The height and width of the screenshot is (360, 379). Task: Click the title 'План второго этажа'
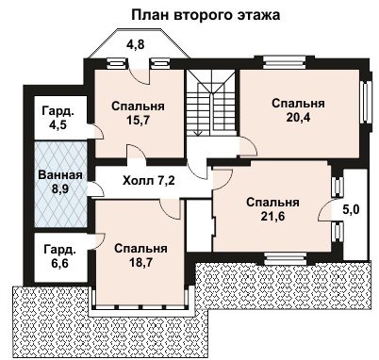click(206, 15)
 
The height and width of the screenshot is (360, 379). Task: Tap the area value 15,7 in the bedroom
click(138, 120)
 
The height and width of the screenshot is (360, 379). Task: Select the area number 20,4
click(298, 117)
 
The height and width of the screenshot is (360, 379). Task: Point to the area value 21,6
click(272, 216)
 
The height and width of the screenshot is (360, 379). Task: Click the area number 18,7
click(140, 262)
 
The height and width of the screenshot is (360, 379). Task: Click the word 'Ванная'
click(60, 175)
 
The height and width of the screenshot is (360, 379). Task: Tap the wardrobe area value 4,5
click(58, 124)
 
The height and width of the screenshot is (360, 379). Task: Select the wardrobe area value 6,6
click(59, 263)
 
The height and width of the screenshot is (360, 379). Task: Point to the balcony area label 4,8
click(136, 44)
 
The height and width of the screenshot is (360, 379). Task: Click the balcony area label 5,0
click(351, 209)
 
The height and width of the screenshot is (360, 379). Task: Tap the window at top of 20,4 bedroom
click(284, 61)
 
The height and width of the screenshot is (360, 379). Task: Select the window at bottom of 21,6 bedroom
click(285, 260)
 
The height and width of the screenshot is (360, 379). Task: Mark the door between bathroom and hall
click(95, 189)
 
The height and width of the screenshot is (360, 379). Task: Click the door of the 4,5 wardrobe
click(95, 131)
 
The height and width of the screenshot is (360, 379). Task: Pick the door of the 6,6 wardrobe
click(96, 241)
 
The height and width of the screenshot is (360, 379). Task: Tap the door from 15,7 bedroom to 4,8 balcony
click(140, 75)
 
